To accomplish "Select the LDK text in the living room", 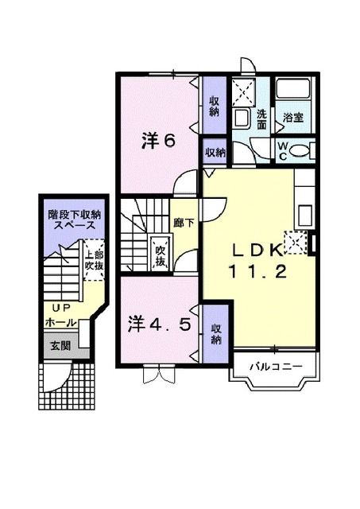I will point(256,250).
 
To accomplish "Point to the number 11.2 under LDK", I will point(255,272).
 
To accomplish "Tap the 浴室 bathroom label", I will point(293,117).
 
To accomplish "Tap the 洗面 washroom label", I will point(261,117).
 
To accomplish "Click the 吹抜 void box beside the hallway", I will point(160,254).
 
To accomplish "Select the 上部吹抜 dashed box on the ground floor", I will point(95,258).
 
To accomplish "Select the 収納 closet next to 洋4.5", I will point(215,333).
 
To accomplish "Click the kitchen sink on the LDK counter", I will point(304,214).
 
